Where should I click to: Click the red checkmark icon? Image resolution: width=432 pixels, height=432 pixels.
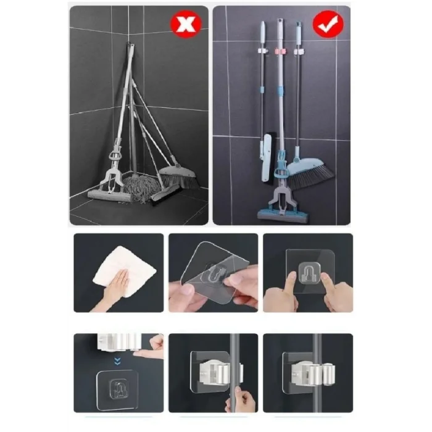point(327,25)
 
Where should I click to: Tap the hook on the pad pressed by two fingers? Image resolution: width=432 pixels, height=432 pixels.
point(307,270)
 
